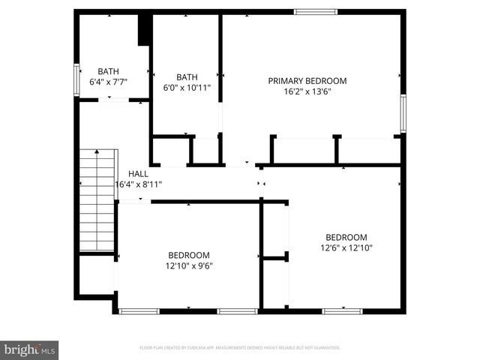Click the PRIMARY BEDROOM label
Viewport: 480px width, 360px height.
pos(307,81)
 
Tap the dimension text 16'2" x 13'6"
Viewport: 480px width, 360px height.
pos(307,91)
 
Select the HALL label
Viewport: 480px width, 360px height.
pos(138,173)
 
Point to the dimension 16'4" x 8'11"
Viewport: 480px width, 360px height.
pos(138,184)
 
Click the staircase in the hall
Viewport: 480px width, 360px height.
pos(98,200)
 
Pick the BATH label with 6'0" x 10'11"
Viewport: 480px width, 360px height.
pos(187,76)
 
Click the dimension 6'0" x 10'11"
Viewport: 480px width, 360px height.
pos(187,87)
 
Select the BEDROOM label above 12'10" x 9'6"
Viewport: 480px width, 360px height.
pos(189,255)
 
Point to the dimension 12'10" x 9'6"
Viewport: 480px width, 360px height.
pos(189,265)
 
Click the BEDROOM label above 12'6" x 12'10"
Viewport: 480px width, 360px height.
pos(346,237)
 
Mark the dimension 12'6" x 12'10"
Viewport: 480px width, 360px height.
pos(346,247)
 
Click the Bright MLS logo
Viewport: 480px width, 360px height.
pos(30,349)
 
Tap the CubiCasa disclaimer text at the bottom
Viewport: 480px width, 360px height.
pos(240,348)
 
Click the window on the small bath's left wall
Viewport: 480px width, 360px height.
pos(76,79)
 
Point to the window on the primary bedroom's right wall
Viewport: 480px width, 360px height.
pos(403,112)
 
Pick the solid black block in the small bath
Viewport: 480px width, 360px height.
pos(145,30)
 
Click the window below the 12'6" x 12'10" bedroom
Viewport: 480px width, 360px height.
pos(343,310)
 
